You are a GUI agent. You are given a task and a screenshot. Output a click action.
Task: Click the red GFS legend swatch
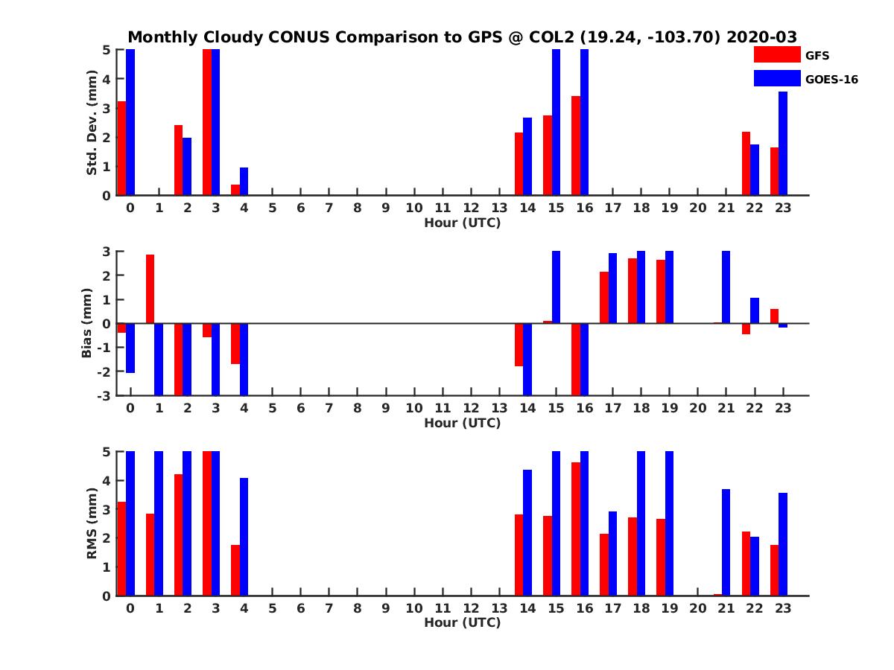pos(776,55)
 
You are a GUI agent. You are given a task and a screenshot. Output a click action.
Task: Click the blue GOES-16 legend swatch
pos(776,78)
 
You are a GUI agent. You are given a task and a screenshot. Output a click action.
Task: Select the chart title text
pos(462,37)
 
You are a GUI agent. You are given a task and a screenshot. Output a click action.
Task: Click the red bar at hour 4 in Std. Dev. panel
pos(235,190)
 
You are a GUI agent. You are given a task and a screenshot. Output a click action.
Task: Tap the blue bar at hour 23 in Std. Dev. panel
pos(782,144)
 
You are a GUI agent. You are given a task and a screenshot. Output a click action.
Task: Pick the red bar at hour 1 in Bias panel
pos(150,289)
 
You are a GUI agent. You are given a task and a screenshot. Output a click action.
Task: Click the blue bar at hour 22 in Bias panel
pos(754,310)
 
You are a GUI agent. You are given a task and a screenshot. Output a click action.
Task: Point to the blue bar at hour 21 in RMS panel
pos(726,542)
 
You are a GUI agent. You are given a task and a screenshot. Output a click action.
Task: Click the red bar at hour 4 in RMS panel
pos(235,570)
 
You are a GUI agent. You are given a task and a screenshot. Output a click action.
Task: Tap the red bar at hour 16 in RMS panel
pos(576,529)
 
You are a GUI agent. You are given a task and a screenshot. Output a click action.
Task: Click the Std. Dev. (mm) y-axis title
pos(92,123)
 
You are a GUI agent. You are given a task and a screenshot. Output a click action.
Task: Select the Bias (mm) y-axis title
pos(87,324)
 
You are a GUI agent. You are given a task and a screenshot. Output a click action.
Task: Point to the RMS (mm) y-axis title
pos(92,523)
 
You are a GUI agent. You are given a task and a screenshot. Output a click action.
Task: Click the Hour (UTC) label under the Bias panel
pos(462,423)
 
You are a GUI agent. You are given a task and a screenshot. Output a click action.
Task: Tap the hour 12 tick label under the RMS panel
pos(471,608)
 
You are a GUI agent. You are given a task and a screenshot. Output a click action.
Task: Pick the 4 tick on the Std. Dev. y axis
pos(107,79)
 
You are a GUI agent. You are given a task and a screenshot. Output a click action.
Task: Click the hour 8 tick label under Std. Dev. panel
pos(358,208)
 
